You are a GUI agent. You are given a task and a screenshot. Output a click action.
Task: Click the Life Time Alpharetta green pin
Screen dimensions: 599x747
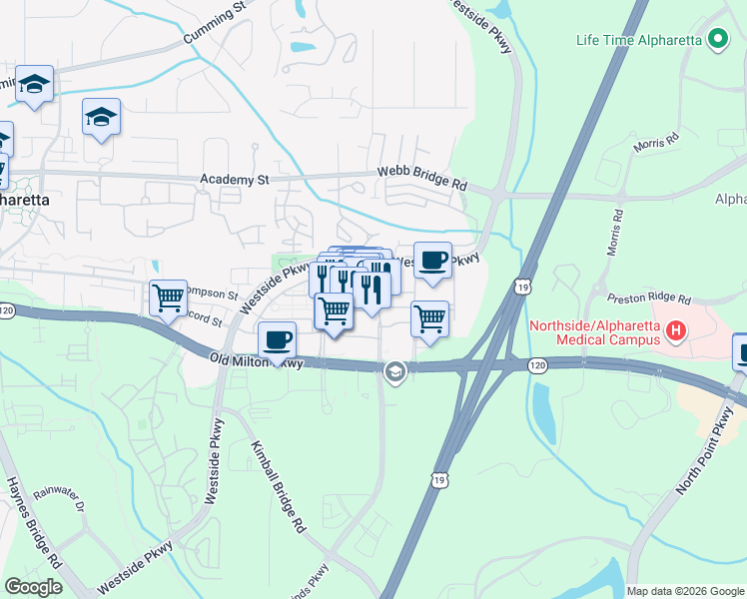tap(716, 40)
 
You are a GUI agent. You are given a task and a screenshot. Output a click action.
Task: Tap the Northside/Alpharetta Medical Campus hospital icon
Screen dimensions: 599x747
tap(677, 330)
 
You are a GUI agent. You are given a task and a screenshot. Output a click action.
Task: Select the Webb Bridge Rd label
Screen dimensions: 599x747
tap(422, 179)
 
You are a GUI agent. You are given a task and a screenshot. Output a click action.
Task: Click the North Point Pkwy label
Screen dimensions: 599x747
tap(710, 454)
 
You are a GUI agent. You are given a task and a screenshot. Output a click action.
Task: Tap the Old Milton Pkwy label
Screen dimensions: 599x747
tap(256, 361)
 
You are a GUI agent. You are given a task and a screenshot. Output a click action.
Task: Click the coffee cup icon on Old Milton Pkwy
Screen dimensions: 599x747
tap(277, 339)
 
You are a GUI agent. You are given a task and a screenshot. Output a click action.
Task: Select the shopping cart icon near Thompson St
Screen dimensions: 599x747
tap(169, 297)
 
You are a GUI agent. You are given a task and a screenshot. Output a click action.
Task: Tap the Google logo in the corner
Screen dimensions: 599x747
tap(33, 587)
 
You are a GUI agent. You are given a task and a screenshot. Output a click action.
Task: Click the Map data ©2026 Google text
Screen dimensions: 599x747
tap(684, 591)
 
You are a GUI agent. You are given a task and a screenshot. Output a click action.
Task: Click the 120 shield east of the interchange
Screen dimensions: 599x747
tap(538, 367)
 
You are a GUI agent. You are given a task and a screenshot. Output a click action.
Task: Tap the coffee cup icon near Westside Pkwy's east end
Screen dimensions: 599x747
tap(432, 260)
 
